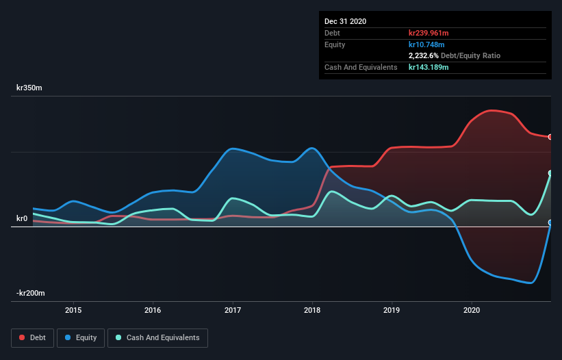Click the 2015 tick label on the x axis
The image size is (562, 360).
pos(73,309)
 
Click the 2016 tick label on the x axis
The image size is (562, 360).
pos(153,309)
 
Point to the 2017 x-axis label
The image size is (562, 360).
pos(233,309)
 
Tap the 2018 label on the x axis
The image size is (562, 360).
pos(312,309)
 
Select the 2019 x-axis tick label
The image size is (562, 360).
pos(392,309)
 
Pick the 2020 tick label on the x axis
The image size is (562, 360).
pos(472,309)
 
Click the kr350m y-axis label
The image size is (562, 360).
pos(30,88)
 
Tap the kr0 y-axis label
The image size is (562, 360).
pos(22,219)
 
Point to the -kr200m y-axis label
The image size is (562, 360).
pos(31,294)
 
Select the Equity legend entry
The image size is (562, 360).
pos(81,337)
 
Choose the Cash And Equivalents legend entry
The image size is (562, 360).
pos(157,337)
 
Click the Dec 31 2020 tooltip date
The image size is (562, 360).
pos(345,21)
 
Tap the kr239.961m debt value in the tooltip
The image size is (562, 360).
pos(429,33)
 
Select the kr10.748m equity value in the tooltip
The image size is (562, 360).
pos(426,44)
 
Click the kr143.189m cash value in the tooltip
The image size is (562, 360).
pos(429,67)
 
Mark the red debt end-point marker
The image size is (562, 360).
pos(550,137)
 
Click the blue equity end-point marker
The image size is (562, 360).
pos(550,222)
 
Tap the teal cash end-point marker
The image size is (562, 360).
pos(550,173)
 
